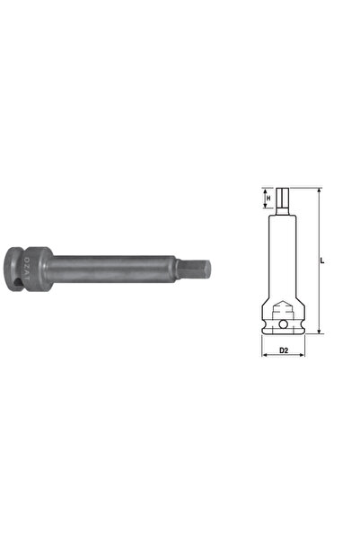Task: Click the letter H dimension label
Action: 266,198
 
